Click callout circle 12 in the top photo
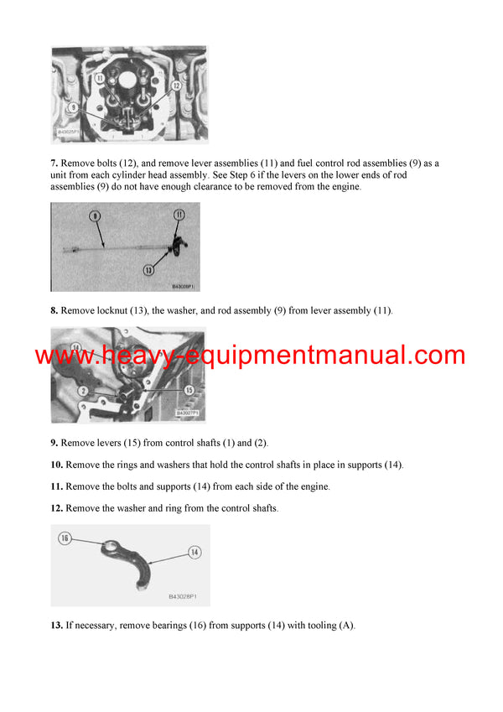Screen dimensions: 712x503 [177, 85]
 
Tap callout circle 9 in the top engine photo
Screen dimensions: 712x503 [73, 107]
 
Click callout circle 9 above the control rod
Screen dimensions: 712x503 [96, 216]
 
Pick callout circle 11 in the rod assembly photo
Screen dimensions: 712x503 [179, 215]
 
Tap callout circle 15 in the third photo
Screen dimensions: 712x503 [189, 390]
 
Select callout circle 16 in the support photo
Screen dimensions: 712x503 [65, 538]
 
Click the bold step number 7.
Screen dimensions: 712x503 [54, 163]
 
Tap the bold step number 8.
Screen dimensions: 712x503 [54, 311]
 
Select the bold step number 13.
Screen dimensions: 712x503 [57, 626]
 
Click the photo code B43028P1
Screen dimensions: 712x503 [188, 596]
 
